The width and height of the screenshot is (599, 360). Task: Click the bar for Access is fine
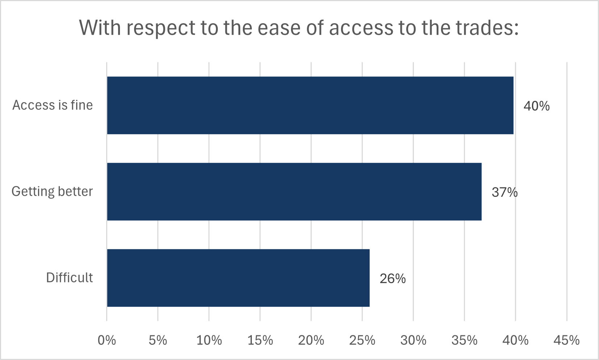point(310,105)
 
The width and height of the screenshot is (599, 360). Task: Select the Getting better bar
point(294,191)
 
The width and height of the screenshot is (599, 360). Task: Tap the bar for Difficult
point(238,278)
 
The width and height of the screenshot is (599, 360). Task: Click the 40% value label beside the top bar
point(536,106)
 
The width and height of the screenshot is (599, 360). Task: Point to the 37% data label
point(504,192)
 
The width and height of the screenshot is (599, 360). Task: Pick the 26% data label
point(392,278)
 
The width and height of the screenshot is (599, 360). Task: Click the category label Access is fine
point(53,105)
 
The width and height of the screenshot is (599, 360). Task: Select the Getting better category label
point(52,191)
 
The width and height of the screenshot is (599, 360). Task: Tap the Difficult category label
point(69,278)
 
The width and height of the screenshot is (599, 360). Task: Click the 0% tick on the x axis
point(107,340)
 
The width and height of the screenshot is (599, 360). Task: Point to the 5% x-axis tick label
point(158,340)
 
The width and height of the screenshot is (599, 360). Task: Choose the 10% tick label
point(209,340)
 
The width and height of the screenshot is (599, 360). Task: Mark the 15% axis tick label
point(260,340)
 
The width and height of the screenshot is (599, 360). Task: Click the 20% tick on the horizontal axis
point(311,340)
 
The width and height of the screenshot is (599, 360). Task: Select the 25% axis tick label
point(362,340)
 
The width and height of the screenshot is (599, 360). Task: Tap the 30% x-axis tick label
point(413,340)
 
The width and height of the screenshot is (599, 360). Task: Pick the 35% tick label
point(465,340)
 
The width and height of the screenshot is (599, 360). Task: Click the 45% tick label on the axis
point(567,340)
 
